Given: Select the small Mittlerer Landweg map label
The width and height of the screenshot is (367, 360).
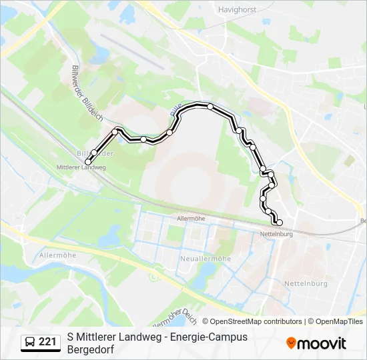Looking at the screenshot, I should tap(81, 167).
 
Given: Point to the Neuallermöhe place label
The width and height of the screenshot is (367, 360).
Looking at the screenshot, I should tap(205, 258).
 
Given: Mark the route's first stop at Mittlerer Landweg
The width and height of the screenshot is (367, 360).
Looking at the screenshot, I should tap(88, 161).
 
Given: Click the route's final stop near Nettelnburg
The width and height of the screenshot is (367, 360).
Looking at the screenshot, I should tap(280, 223).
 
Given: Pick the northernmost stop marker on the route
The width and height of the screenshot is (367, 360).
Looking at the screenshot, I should tap(210, 107).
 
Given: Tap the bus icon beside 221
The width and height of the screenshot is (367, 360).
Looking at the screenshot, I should tap(31, 343).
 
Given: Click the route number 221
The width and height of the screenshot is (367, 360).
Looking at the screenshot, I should tap(47, 343).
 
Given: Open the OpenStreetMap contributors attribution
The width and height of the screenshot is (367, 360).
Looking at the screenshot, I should tap(256, 321).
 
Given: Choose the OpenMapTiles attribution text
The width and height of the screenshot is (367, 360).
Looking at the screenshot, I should tap(337, 321).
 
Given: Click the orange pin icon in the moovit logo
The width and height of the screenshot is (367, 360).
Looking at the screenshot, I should tap(291, 343).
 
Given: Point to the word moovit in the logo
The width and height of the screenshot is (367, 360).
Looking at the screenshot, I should tap(322, 343).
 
